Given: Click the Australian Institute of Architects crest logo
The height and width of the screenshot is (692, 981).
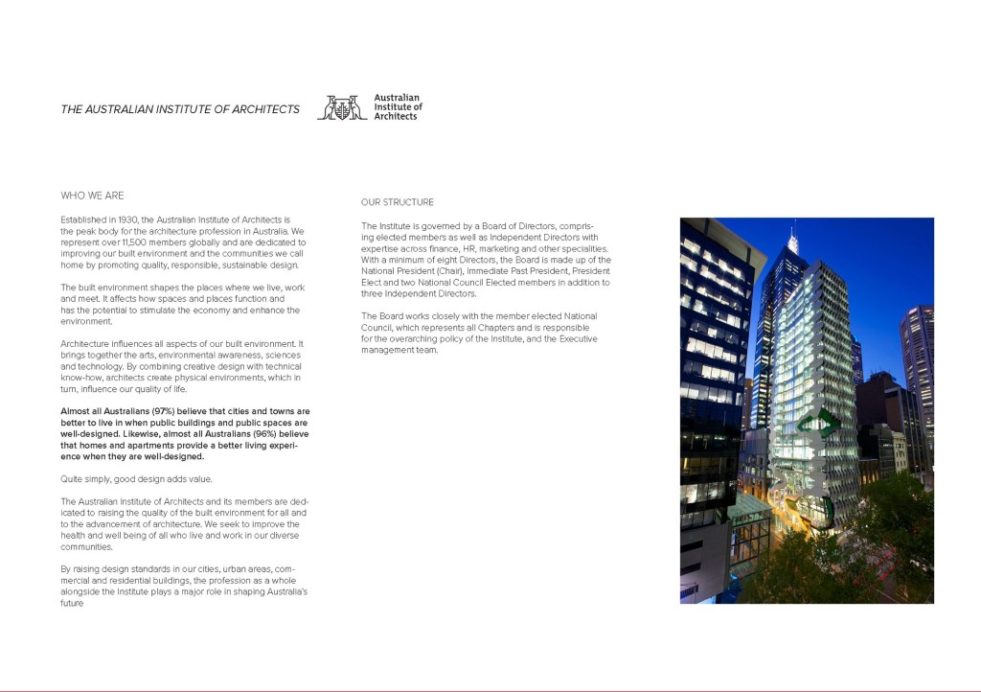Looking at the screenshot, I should (342, 107).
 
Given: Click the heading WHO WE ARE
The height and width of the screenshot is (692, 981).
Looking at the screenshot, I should (93, 196).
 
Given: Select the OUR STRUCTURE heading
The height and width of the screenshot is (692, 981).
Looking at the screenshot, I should (398, 202).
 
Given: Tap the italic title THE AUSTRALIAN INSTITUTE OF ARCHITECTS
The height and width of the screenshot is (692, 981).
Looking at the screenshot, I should (180, 109).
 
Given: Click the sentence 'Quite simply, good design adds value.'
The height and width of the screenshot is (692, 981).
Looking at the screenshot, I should (136, 478).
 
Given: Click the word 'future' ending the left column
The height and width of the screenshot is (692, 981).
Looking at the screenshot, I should (73, 604).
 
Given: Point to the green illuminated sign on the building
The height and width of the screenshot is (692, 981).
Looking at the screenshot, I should (820, 422).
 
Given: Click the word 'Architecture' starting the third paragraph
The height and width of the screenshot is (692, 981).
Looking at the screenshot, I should (86, 343).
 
